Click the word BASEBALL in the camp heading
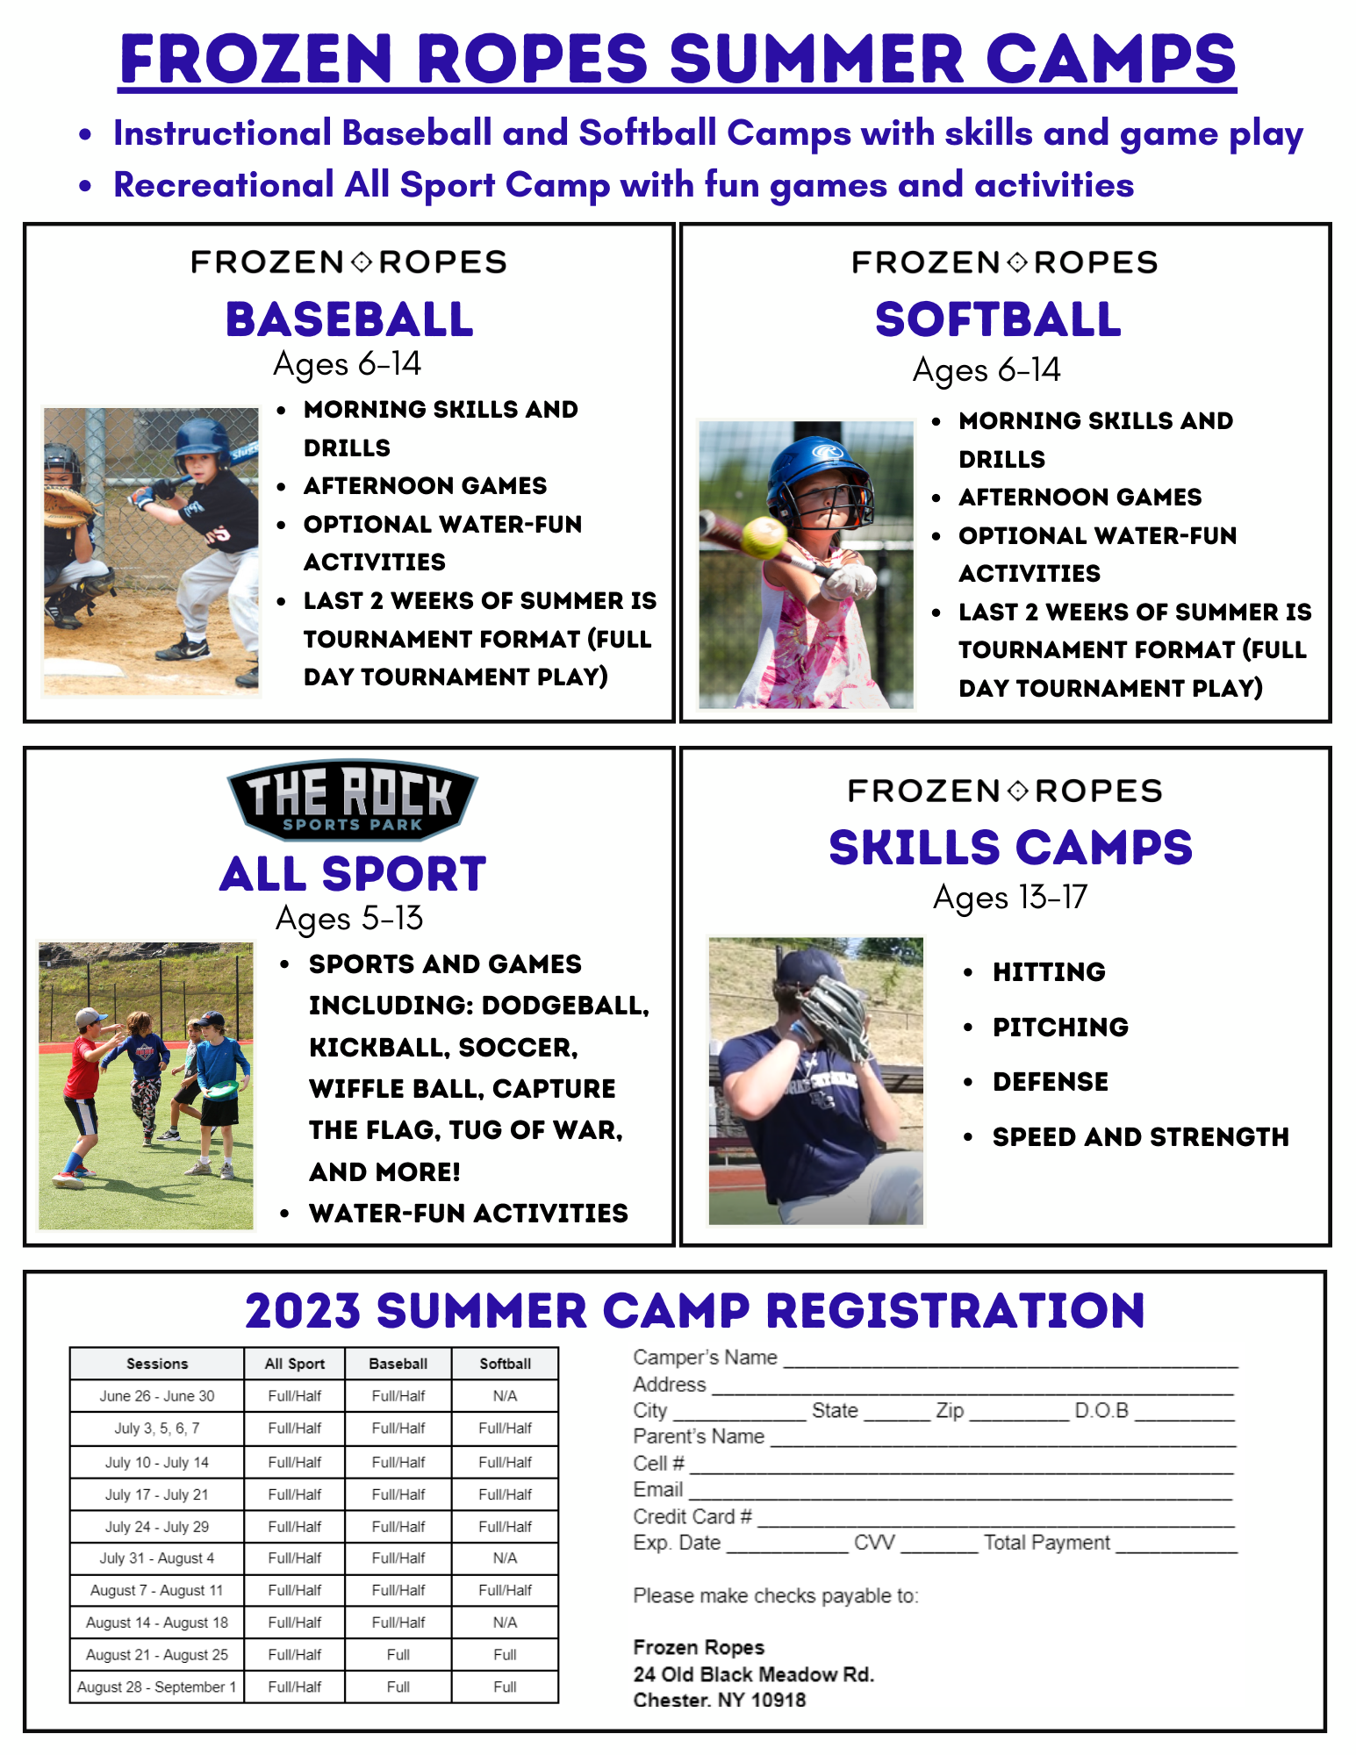coord(349,319)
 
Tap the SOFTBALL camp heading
coord(998,319)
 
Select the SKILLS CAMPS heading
coord(1010,848)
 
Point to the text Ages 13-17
coord(1010,898)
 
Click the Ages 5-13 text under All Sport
coord(349,919)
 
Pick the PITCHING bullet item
coord(1060,1028)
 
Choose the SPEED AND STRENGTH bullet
coord(1141,1137)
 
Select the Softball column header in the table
coord(506,1364)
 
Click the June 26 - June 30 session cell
coord(157,1396)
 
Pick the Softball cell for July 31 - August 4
coord(506,1558)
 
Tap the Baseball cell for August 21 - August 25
coord(398,1655)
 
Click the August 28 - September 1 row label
coord(157,1687)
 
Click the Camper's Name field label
coord(706,1357)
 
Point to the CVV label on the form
coord(875,1543)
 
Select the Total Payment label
coord(1047,1543)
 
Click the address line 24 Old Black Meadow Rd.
coord(754,1674)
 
